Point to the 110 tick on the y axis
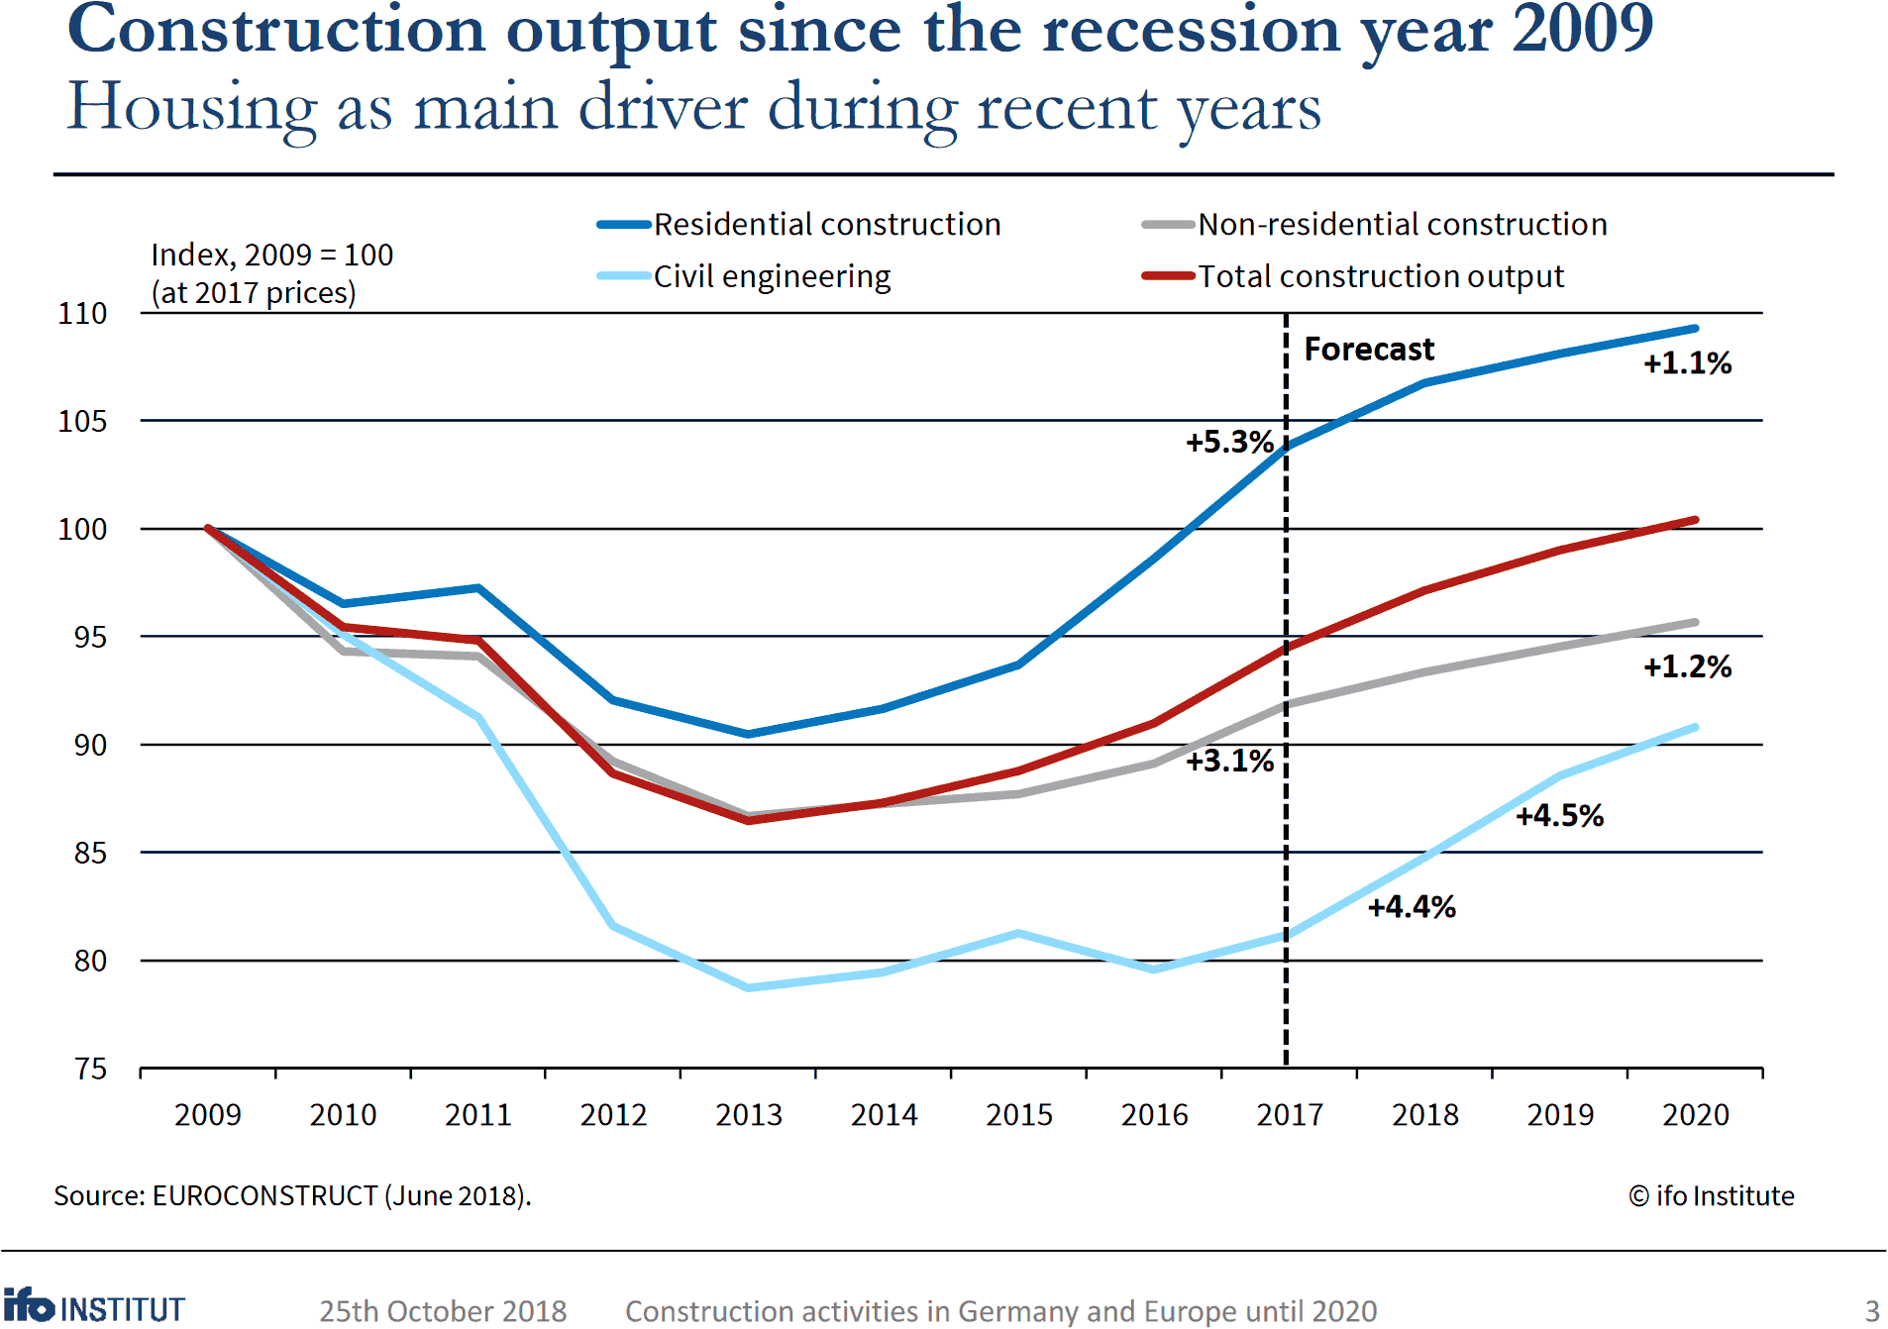point(82,314)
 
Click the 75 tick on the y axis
point(90,1069)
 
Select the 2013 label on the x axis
point(749,1115)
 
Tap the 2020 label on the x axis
point(1695,1115)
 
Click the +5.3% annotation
point(1229,442)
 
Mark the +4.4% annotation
point(1412,907)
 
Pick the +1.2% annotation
point(1687,666)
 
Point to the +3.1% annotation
point(1229,761)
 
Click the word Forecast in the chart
point(1369,350)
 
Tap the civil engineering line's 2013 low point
point(749,987)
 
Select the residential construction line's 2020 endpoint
point(1695,328)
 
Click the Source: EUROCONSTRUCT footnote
point(292,1196)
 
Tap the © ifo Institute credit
point(1711,1196)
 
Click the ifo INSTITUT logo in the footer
point(94,1307)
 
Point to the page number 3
point(1872,1310)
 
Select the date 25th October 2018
point(443,1311)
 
